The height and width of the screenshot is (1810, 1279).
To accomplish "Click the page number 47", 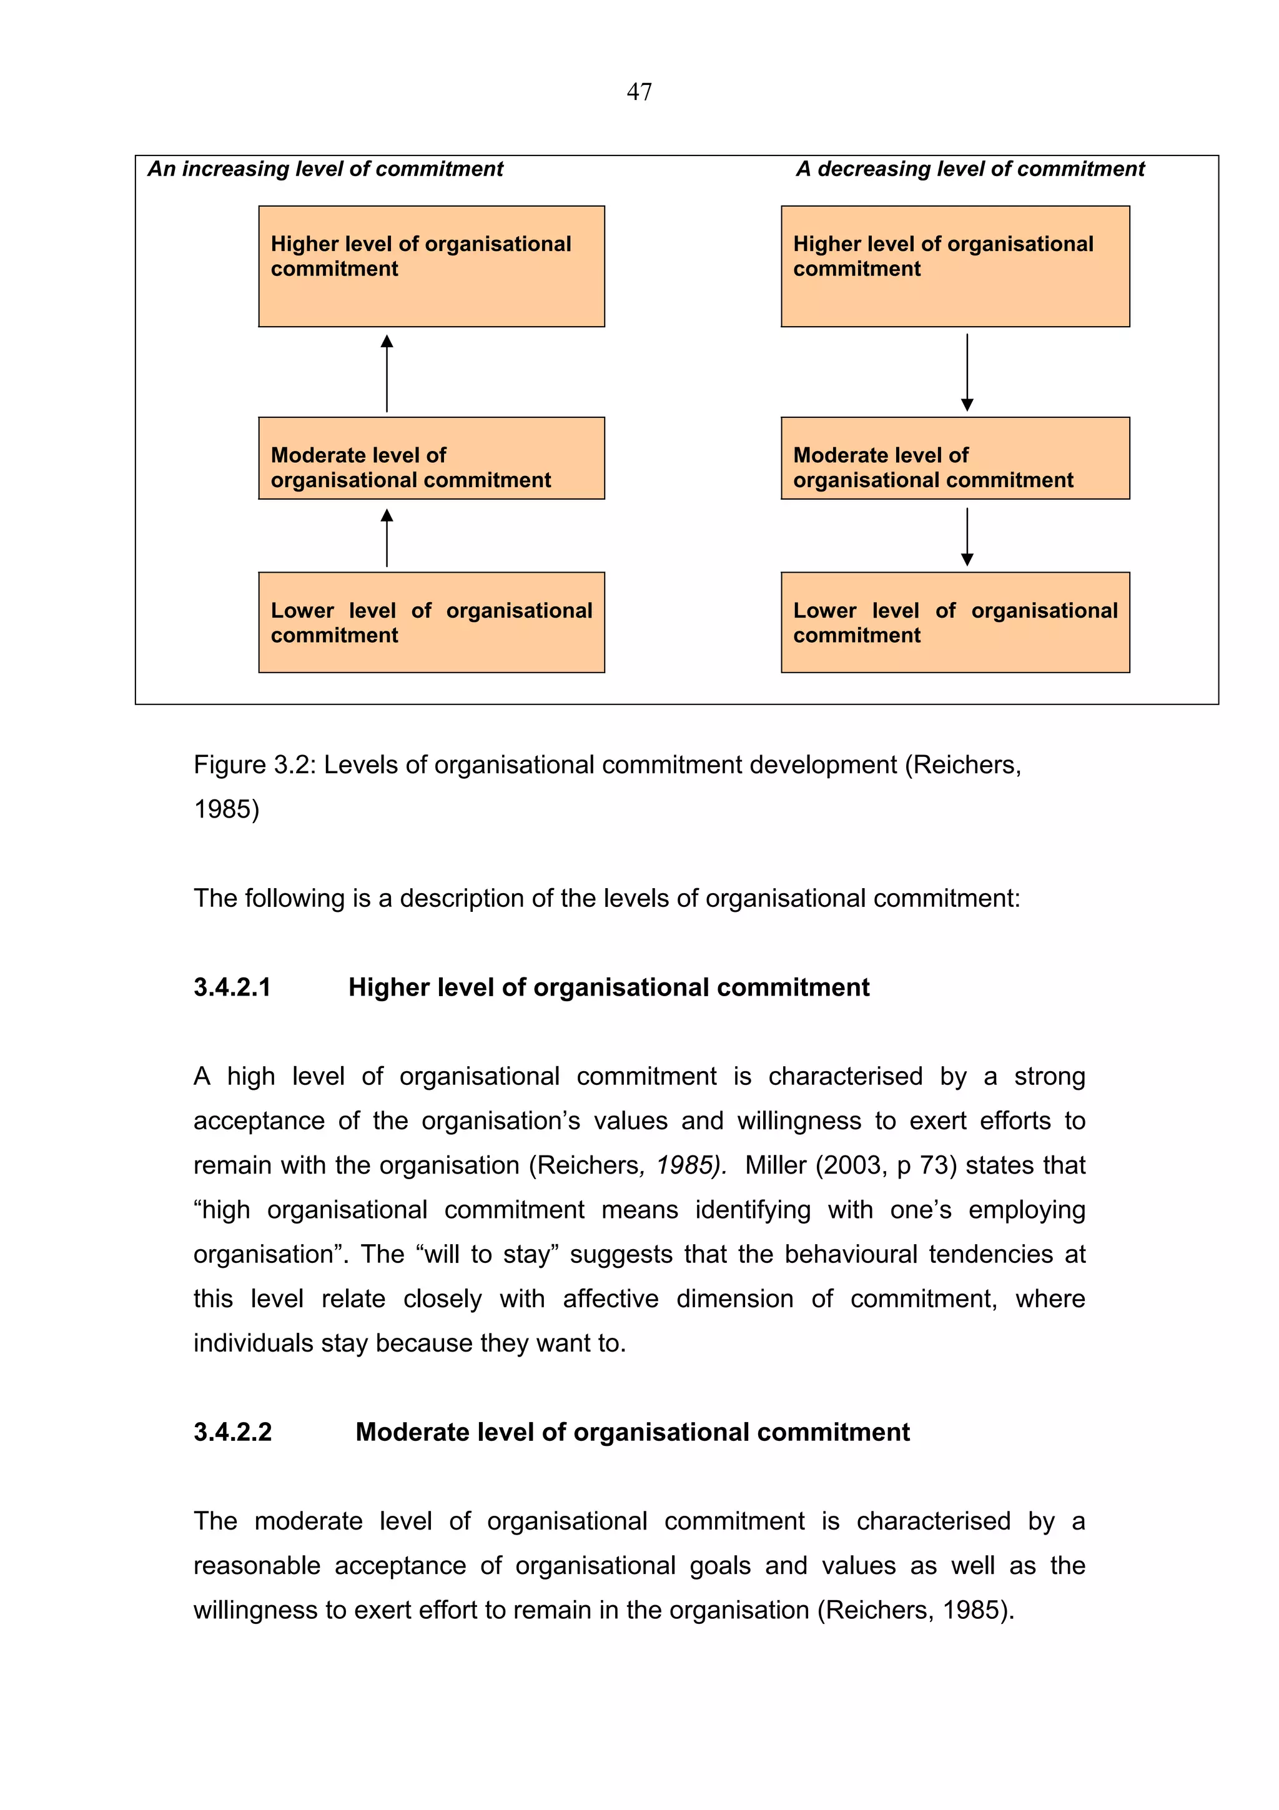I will click(x=638, y=92).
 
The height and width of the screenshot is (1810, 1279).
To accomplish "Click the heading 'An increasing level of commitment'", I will click(x=325, y=169).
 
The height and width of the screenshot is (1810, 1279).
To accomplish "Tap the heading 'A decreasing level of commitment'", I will click(x=969, y=169).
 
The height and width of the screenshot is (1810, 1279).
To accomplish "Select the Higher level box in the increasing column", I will click(x=431, y=267).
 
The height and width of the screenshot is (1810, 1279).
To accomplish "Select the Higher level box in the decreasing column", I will click(x=954, y=267).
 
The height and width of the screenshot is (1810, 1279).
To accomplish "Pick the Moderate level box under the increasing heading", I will click(x=431, y=458).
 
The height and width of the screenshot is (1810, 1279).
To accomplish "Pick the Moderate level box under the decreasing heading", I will click(x=954, y=458).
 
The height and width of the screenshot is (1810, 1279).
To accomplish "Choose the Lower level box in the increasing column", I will click(x=431, y=622).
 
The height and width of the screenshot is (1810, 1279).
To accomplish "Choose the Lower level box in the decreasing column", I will click(x=954, y=622).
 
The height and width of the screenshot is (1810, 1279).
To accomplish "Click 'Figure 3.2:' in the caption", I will click(x=255, y=764).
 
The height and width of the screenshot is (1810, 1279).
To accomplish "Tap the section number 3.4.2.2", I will click(x=232, y=1432).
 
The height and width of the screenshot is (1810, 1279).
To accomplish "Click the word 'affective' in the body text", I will click(x=610, y=1298).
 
